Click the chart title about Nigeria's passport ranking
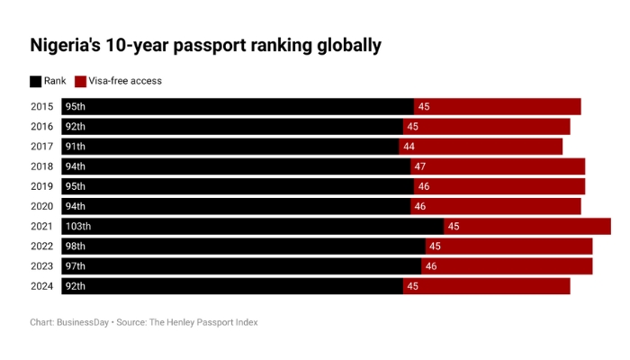tap(205, 45)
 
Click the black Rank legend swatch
tap(36, 81)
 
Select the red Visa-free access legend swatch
tap(80, 81)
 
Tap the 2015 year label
tap(41, 107)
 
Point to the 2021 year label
tap(41, 226)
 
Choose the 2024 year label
tap(41, 286)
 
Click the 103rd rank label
tap(79, 226)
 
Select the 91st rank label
tap(76, 147)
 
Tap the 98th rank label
tap(76, 247)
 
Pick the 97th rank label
tap(76, 266)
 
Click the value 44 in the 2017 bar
tap(409, 147)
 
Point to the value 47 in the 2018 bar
tap(419, 166)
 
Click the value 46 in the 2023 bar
tap(431, 266)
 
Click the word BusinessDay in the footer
tap(82, 322)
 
